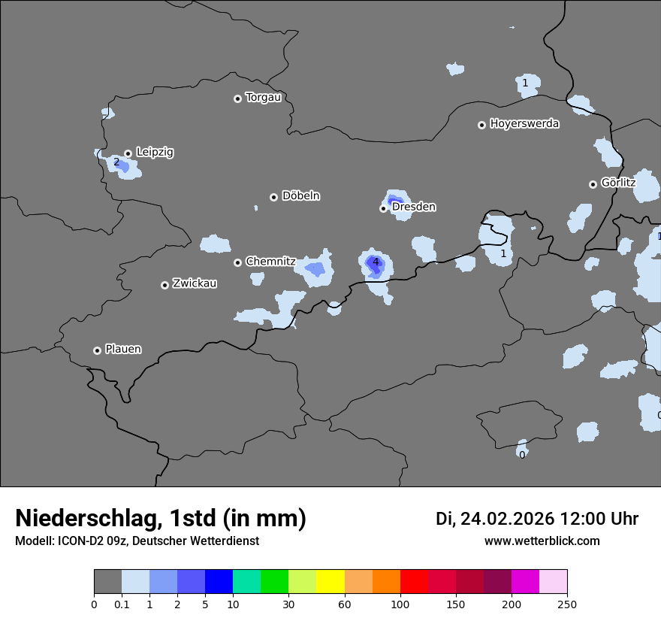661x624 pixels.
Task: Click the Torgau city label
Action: tap(263, 98)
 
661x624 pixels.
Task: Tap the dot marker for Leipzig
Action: tap(128, 153)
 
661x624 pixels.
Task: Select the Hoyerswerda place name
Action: tap(524, 124)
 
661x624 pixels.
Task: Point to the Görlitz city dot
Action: tap(593, 184)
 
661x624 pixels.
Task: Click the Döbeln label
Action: tap(300, 196)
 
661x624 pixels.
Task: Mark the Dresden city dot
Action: tap(383, 208)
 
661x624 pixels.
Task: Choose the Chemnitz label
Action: tap(270, 262)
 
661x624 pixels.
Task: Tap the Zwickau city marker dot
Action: tap(164, 285)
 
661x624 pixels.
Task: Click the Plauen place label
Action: tap(123, 350)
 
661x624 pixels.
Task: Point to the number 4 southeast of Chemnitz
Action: tap(376, 262)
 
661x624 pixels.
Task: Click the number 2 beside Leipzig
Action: tap(116, 162)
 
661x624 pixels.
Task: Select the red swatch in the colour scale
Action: tap(414, 582)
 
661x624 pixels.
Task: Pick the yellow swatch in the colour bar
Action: tap(330, 582)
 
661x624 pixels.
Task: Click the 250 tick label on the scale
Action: tap(567, 604)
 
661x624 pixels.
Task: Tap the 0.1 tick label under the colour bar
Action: tap(122, 604)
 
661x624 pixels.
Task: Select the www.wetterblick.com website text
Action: tap(542, 541)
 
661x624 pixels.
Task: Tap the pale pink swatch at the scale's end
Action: tap(554, 582)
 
